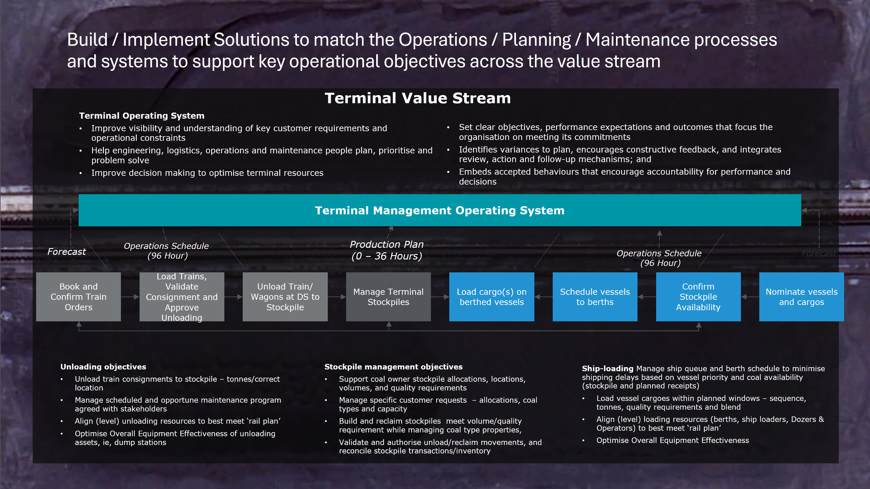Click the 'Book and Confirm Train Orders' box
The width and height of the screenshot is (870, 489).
click(x=78, y=297)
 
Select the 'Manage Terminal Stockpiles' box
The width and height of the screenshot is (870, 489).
click(x=388, y=297)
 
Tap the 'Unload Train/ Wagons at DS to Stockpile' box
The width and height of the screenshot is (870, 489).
click(x=285, y=297)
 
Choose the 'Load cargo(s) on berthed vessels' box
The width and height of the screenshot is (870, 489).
click(x=491, y=297)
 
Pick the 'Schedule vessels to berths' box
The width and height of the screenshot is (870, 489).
click(x=595, y=297)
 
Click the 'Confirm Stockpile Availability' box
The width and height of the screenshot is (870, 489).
click(x=698, y=297)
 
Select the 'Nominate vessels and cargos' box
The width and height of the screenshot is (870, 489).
click(x=801, y=297)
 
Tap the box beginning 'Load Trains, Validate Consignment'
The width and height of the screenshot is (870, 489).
click(x=182, y=297)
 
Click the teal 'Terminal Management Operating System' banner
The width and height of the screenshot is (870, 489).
click(x=440, y=210)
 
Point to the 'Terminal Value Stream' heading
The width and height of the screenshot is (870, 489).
click(x=418, y=98)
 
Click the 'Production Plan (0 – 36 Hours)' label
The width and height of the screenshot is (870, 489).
click(x=387, y=250)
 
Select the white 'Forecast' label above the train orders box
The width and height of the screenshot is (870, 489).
click(x=66, y=251)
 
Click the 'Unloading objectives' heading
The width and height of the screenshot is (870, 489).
click(x=103, y=367)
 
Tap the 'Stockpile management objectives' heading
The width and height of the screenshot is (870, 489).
click(x=393, y=367)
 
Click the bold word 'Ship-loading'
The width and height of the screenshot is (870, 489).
click(x=607, y=368)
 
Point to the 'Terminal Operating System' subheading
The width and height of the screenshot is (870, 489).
click(x=142, y=116)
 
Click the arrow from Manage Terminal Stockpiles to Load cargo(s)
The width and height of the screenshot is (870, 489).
click(x=440, y=297)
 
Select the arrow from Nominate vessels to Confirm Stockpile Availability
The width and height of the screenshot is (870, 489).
click(x=750, y=297)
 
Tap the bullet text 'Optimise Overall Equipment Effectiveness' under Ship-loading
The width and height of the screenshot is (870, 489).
click(x=672, y=440)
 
